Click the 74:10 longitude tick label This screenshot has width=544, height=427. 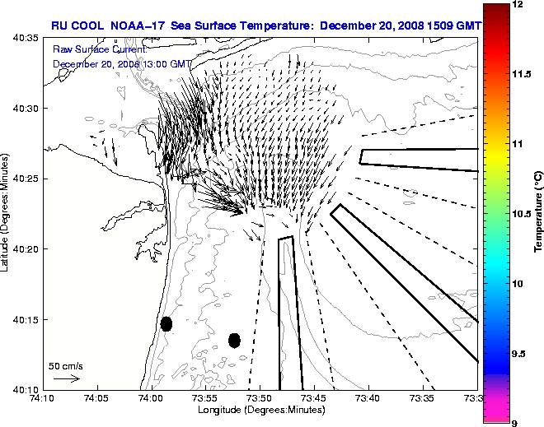43,399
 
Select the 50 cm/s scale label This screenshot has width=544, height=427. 66,365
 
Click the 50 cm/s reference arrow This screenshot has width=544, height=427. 66,378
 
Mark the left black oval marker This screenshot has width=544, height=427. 166,323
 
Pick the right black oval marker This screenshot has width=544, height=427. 234,340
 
